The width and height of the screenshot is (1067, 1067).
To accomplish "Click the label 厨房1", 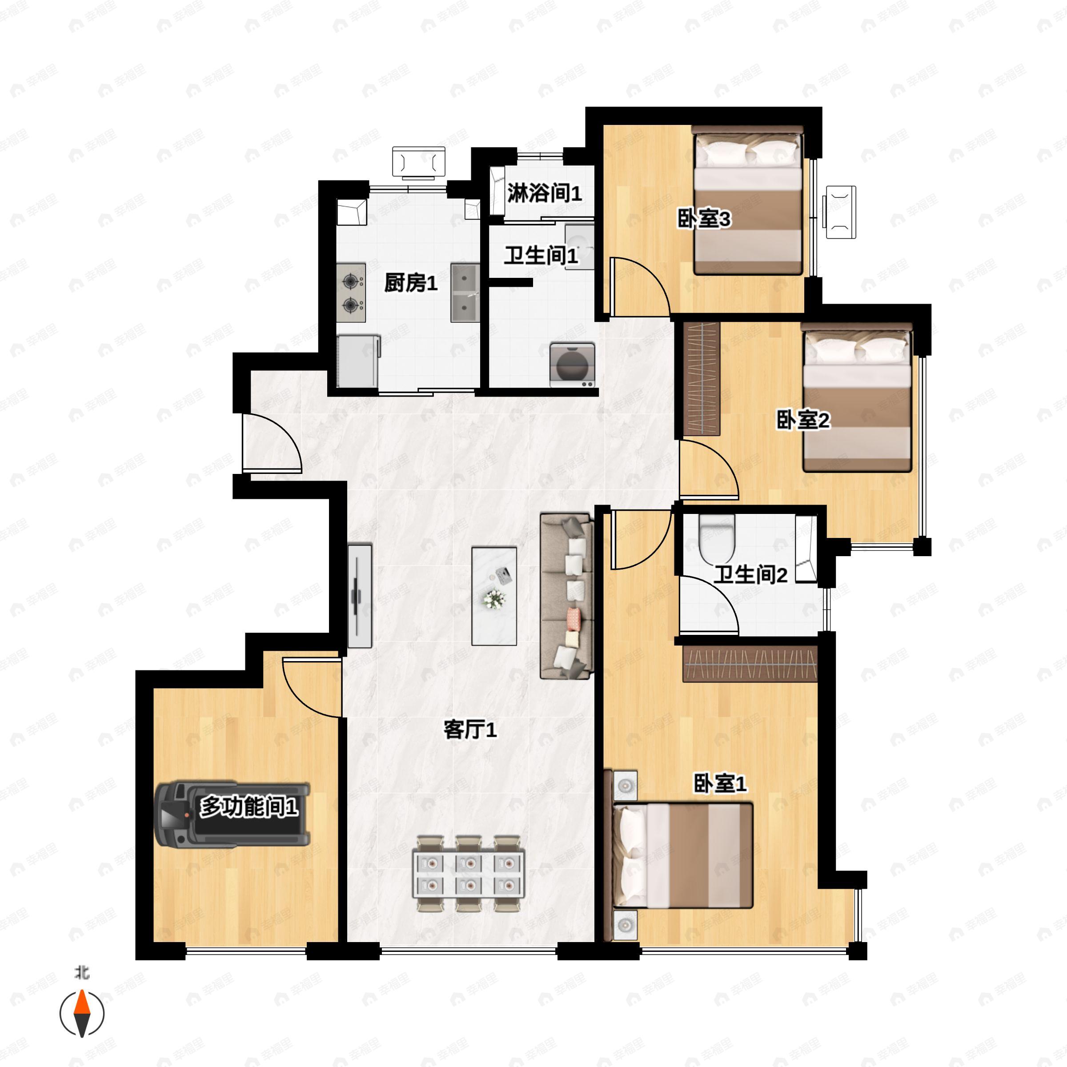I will [x=411, y=283].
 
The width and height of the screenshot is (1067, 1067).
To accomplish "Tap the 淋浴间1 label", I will [x=544, y=193].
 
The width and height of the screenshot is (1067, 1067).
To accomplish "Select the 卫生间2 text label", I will [x=750, y=575].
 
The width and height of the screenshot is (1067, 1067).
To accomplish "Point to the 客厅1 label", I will [x=470, y=730].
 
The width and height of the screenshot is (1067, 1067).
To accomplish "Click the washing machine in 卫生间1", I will [x=572, y=365].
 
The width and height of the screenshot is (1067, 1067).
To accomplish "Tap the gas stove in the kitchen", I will [x=351, y=293].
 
